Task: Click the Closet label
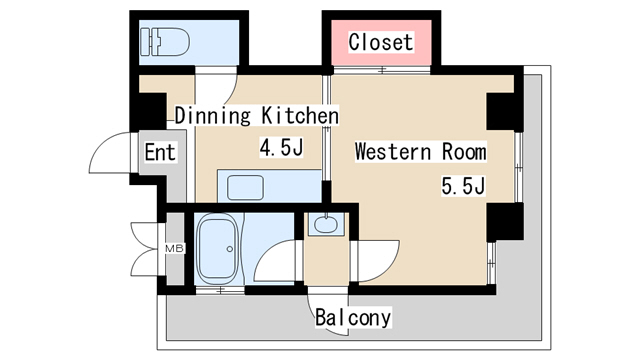coord(381,42)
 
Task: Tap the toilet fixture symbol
coord(165,42)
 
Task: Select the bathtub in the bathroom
coord(217,249)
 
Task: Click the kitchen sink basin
coord(245,187)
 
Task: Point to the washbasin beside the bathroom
coord(326,224)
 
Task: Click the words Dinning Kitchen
coord(257,116)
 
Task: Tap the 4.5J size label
coord(281,147)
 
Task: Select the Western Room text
coord(420,151)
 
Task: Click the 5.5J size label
coord(463,186)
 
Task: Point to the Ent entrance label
coord(160,152)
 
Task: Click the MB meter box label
coord(175,248)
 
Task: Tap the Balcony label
coord(353,318)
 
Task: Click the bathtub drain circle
coord(230,249)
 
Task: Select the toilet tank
coord(146,42)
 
